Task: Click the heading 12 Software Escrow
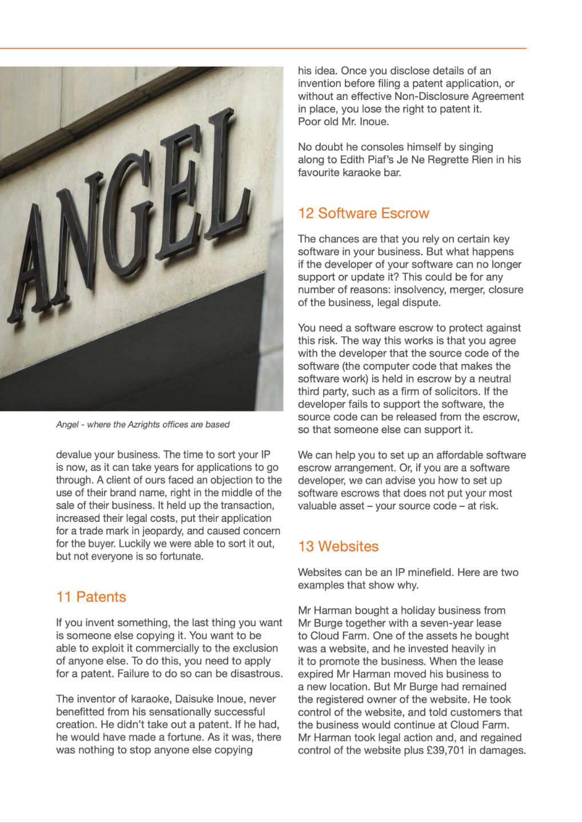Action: [363, 213]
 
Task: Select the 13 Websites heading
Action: [338, 546]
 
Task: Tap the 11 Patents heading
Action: [91, 597]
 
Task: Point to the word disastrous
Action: [256, 674]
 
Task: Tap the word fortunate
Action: [181, 556]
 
